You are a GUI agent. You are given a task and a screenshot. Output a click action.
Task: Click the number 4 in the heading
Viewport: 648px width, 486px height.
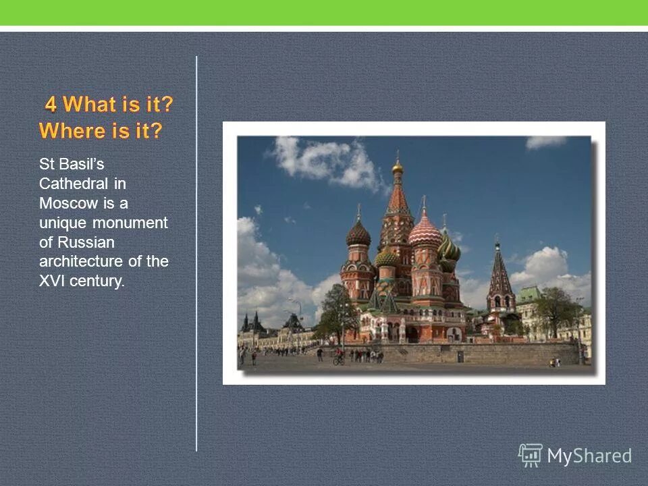pyautogui.click(x=51, y=105)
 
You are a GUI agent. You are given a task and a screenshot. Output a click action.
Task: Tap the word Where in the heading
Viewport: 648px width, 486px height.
pyautogui.click(x=69, y=131)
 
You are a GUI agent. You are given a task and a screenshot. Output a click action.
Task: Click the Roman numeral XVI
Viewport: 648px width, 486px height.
pyautogui.click(x=51, y=281)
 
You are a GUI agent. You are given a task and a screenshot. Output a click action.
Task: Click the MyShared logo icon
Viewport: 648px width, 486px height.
pyautogui.click(x=530, y=456)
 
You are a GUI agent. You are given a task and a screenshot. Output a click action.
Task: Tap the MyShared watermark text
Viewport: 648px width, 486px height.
pyautogui.click(x=589, y=456)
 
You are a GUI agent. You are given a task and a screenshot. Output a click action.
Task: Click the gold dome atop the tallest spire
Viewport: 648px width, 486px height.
pyautogui.click(x=398, y=167)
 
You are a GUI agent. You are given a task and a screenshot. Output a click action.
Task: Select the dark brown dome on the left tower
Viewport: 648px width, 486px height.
pyautogui.click(x=358, y=234)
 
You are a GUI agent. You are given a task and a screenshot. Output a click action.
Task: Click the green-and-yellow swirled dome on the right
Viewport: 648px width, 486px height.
pyautogui.click(x=449, y=248)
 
